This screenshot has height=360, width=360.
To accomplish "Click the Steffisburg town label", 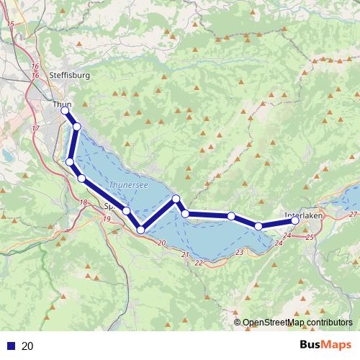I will (69, 75).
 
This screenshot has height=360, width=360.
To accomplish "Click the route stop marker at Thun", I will (65, 111).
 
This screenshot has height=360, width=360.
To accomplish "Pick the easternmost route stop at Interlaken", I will (295, 221).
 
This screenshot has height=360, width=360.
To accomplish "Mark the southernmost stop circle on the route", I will (140, 230).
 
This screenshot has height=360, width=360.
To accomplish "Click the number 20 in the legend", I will (28, 346).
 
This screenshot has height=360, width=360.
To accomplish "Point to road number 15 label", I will (10, 24).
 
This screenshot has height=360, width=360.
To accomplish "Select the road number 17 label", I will (35, 128).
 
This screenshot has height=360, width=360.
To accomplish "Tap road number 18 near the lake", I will (84, 202).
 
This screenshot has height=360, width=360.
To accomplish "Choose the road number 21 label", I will (185, 255).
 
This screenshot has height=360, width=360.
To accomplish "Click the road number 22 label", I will (199, 263).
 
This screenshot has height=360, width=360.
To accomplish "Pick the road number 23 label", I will (239, 251).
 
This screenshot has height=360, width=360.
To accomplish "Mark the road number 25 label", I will (310, 236).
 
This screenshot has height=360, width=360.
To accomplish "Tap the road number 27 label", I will (353, 215).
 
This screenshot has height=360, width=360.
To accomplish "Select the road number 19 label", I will (107, 219).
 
